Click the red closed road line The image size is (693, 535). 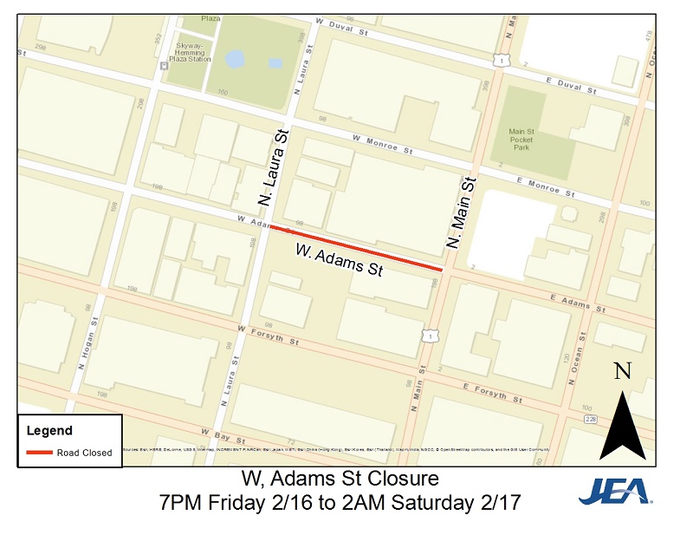pyautogui.click(x=355, y=248)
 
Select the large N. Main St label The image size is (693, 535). pyautogui.click(x=462, y=212)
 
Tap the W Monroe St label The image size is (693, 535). pyautogui.click(x=383, y=144)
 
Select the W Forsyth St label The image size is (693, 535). pyautogui.click(x=269, y=335)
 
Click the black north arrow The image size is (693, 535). pyautogui.click(x=623, y=426)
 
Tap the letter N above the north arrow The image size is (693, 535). pyautogui.click(x=621, y=372)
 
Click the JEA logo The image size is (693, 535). pyautogui.click(x=614, y=492)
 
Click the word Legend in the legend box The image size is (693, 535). pyautogui.click(x=49, y=430)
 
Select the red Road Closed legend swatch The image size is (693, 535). pyautogui.click(x=40, y=453)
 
